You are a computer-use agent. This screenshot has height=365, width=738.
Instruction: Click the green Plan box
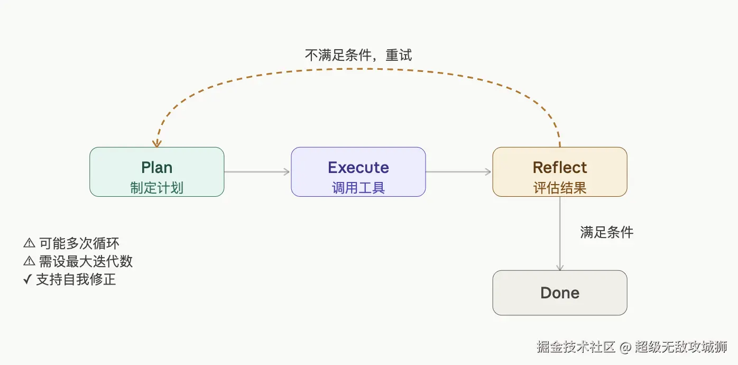tap(156, 172)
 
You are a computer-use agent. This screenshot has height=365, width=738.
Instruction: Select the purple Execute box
tap(358, 172)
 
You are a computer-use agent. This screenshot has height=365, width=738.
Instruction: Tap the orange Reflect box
tap(559, 172)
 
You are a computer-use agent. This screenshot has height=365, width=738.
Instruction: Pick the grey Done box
tap(559, 293)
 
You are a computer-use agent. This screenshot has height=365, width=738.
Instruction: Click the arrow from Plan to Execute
tap(257, 171)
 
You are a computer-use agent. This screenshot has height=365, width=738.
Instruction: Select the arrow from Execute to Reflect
tap(459, 171)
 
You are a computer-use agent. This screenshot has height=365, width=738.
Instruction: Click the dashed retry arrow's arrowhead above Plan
tap(156, 143)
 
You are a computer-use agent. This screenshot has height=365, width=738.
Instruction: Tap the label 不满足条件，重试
tap(358, 56)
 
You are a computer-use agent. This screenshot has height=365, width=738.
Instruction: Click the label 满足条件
tap(606, 232)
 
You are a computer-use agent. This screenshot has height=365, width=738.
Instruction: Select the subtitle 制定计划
tap(156, 188)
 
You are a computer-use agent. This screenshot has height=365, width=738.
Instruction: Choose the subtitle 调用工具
tap(358, 188)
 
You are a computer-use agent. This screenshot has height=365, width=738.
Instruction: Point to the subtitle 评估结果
tap(559, 188)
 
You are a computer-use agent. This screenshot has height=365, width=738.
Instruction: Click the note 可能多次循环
tap(79, 243)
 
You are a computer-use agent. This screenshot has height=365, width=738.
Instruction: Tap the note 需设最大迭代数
tap(86, 261)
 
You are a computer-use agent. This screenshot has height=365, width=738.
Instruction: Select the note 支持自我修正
tap(76, 279)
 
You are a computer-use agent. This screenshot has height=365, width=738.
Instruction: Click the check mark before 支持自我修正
tap(28, 279)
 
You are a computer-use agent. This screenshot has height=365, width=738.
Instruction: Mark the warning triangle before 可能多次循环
tap(29, 243)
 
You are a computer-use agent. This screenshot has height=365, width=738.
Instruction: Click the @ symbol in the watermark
tap(625, 347)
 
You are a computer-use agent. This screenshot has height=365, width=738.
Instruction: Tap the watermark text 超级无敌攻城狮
tap(681, 347)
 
